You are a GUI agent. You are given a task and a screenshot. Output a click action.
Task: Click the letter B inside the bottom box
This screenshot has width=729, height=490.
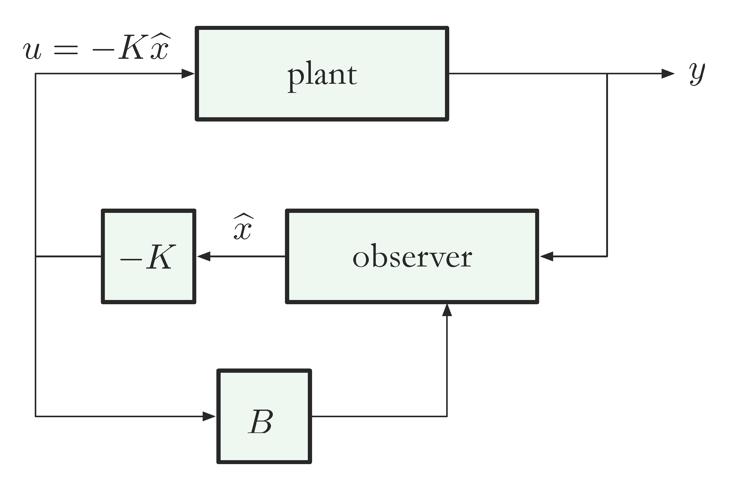point(261,421)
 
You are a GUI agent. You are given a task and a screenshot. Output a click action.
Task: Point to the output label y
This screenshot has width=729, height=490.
point(697,73)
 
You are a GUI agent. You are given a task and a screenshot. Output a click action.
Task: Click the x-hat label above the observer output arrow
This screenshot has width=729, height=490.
point(243,227)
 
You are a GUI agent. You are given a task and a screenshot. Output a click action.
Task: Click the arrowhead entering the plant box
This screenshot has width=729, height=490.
point(188,74)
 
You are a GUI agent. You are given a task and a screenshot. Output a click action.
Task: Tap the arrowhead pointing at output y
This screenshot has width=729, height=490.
point(668,74)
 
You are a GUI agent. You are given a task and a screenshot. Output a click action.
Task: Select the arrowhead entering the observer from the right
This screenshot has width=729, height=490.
point(547,256)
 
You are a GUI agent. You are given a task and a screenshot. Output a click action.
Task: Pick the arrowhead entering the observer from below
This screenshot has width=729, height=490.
point(447,310)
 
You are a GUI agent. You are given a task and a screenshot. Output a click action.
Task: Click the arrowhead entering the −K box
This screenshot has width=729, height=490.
point(204,256)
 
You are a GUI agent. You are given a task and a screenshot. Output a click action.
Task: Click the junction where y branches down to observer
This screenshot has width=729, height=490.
point(607,74)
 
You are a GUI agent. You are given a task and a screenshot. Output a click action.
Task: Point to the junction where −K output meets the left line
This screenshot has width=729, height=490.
point(36,256)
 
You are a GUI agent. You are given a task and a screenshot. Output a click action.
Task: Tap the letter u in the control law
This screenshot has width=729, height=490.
point(32,51)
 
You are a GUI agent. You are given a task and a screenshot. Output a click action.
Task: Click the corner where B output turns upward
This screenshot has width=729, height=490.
point(447,416)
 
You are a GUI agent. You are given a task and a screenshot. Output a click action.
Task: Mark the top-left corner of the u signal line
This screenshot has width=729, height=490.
point(36,74)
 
